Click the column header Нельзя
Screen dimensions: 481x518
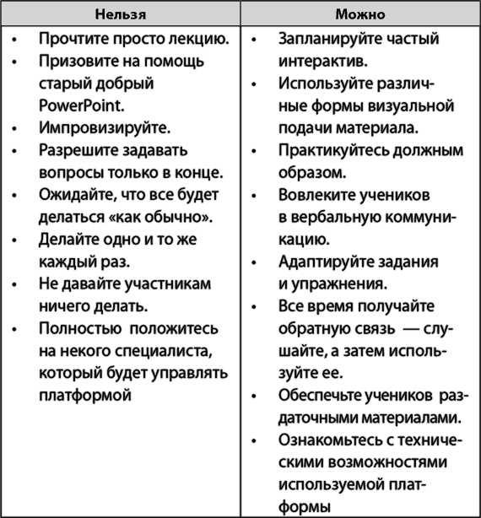pos(120,14)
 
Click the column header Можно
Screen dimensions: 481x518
pos(359,14)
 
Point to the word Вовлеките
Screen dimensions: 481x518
pos(314,195)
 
